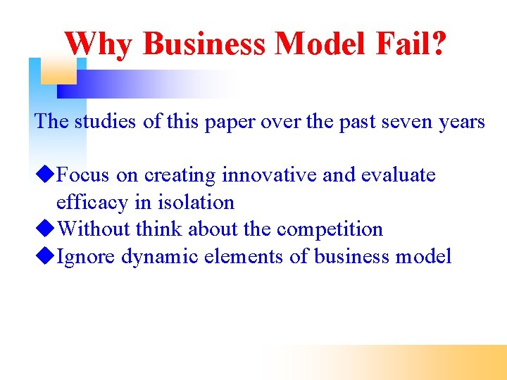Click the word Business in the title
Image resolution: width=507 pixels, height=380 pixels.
(204, 44)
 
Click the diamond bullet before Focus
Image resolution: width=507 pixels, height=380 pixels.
(46, 174)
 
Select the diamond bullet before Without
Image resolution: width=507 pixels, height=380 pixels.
(46, 229)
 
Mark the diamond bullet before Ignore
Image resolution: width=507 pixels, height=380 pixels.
(46, 256)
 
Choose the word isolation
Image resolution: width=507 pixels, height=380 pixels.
(196, 202)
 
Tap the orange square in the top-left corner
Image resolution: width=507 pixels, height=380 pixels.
(58, 70)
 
